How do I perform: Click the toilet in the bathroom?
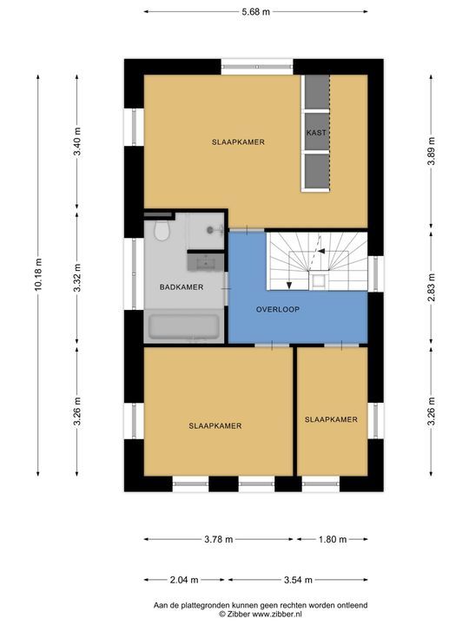tap(162, 231)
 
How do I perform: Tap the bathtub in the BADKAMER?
tap(184, 327)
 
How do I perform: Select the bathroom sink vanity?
tap(206, 262)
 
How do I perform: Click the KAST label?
tap(316, 132)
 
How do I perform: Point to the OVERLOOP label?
tap(278, 309)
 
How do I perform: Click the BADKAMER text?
tap(182, 287)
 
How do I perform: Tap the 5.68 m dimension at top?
tap(255, 12)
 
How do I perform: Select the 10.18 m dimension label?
tap(38, 274)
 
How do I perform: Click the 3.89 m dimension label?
tap(431, 151)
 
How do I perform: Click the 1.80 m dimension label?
tap(333, 540)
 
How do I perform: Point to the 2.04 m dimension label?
tap(184, 580)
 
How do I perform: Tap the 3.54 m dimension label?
tap(298, 580)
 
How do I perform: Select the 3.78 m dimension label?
tap(218, 540)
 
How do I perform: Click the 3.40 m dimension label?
tap(77, 141)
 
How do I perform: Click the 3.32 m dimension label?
tap(77, 278)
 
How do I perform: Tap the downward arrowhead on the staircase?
tap(289, 285)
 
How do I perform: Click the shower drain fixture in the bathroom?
tap(210, 229)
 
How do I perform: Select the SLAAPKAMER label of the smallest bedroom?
tap(331, 419)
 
